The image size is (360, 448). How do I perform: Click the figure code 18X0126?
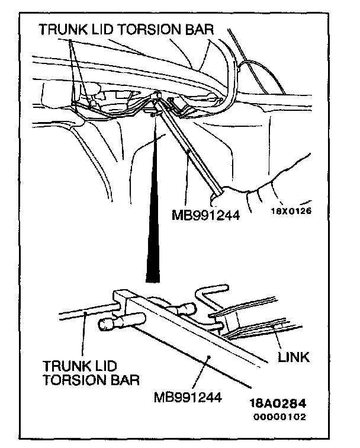292,210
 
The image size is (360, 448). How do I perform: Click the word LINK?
294,357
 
